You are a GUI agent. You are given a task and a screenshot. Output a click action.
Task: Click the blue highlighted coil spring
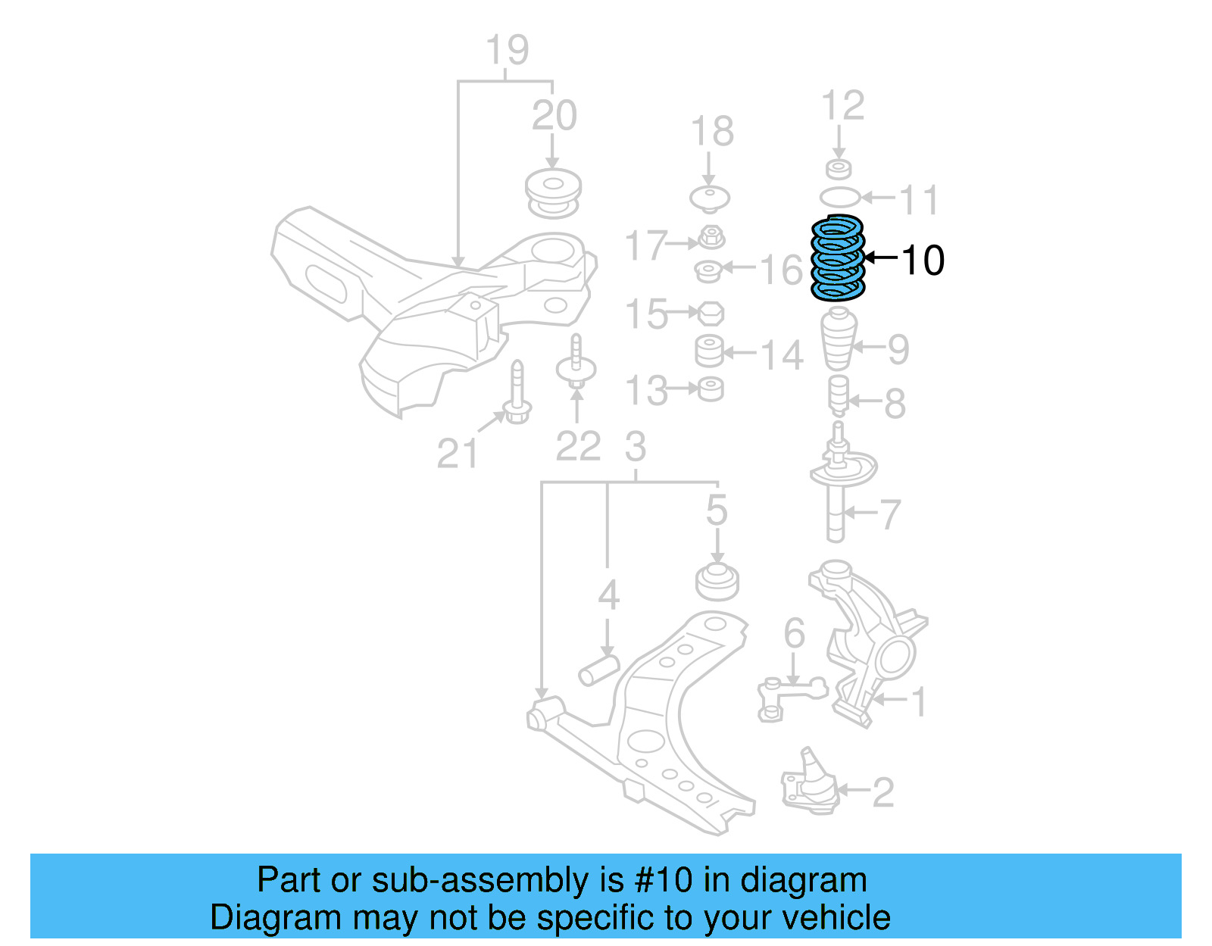(x=837, y=258)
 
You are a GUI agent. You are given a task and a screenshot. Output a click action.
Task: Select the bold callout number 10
(x=923, y=261)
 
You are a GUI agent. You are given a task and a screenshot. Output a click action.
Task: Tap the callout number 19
(x=507, y=51)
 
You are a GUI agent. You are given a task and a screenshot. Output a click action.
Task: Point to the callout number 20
(x=554, y=116)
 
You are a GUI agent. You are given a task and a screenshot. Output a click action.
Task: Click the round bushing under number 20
(x=554, y=194)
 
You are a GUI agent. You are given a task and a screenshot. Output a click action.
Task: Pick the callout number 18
(x=712, y=132)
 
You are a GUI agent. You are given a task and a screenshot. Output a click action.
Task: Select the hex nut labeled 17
(x=710, y=238)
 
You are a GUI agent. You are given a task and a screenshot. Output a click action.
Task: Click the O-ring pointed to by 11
(x=839, y=198)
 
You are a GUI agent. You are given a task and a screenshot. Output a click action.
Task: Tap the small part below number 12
(x=839, y=169)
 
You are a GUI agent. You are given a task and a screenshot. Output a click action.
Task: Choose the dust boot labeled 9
(x=839, y=339)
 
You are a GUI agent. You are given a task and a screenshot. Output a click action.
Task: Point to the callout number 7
(x=890, y=515)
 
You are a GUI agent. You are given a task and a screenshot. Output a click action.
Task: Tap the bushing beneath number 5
(x=717, y=582)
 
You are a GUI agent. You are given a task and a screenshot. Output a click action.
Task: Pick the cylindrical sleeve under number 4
(x=598, y=670)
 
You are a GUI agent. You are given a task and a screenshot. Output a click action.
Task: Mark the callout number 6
(x=794, y=633)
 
